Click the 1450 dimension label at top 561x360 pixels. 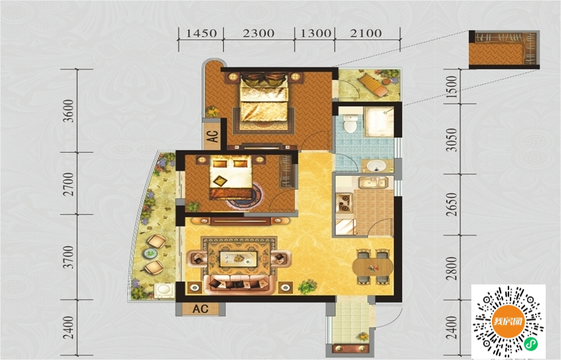pyautogui.click(x=201, y=33)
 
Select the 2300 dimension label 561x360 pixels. pyautogui.click(x=259, y=33)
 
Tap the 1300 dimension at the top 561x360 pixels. pyautogui.click(x=315, y=33)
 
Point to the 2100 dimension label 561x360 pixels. pyautogui.click(x=366, y=33)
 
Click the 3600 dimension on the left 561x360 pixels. pyautogui.click(x=68, y=111)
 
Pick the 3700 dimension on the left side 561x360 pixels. pyautogui.click(x=68, y=257)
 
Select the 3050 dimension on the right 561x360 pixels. pyautogui.click(x=452, y=140)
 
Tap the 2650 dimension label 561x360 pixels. pyautogui.click(x=452, y=205)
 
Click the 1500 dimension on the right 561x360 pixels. pyautogui.click(x=452, y=87)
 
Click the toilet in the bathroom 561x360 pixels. pyautogui.click(x=349, y=123)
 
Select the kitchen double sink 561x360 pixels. pyautogui.click(x=373, y=183)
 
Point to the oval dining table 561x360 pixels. pyautogui.click(x=372, y=266)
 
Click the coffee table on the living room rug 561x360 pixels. pyautogui.click(x=238, y=259)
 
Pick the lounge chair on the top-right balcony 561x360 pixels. pyautogui.click(x=373, y=85)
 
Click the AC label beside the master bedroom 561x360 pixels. pyautogui.click(x=212, y=136)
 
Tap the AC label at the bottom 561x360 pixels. pyautogui.click(x=200, y=309)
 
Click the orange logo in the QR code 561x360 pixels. pyautogui.click(x=508, y=321)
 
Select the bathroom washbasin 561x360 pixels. pyautogui.click(x=376, y=166)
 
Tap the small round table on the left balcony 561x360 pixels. pyautogui.click(x=150, y=253)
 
